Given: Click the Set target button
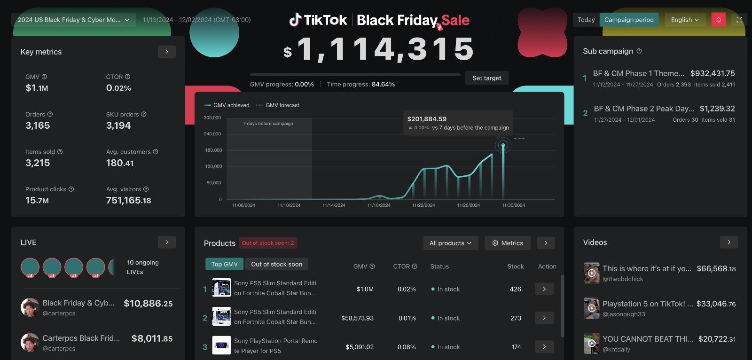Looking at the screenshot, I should pyautogui.click(x=486, y=78).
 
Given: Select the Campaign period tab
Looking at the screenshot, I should pyautogui.click(x=629, y=20).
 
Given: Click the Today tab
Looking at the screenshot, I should pyautogui.click(x=586, y=20).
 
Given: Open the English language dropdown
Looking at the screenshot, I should pyautogui.click(x=685, y=20).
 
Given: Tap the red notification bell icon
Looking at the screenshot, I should pyautogui.click(x=718, y=20).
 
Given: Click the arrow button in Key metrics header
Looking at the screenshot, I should pyautogui.click(x=167, y=52).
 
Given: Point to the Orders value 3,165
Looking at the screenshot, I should pyautogui.click(x=38, y=125).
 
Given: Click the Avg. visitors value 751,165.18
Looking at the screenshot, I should pyautogui.click(x=128, y=201).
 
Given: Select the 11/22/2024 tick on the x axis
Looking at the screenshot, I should pyautogui.click(x=423, y=205).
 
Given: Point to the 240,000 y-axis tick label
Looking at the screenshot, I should pyautogui.click(x=212, y=134).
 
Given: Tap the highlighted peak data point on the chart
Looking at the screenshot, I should pyautogui.click(x=503, y=145).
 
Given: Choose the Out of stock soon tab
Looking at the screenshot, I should pyautogui.click(x=276, y=264).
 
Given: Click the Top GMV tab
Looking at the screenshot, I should pyautogui.click(x=224, y=264).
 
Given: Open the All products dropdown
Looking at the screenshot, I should pyautogui.click(x=450, y=243).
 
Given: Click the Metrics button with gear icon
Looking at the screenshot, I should pyautogui.click(x=508, y=243).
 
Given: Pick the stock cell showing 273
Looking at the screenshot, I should pyautogui.click(x=516, y=318).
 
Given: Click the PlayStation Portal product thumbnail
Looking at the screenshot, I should pyautogui.click(x=221, y=345).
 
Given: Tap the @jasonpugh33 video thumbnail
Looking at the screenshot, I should pyautogui.click(x=591, y=308).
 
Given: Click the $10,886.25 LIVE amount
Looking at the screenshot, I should pyautogui.click(x=148, y=304).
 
